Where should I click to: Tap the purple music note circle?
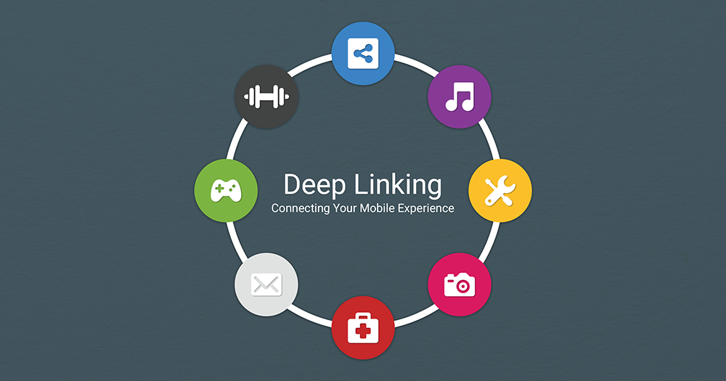(x=460, y=97)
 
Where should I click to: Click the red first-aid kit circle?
(x=363, y=329)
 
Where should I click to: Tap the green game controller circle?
(x=226, y=190)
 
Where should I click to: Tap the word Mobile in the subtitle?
(x=380, y=208)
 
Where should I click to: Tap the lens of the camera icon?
(x=460, y=285)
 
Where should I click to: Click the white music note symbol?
(x=460, y=96)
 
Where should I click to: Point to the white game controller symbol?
(x=226, y=190)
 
